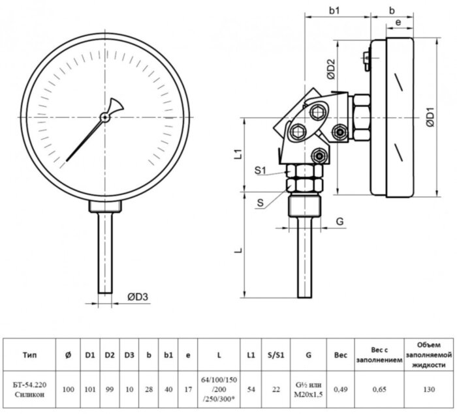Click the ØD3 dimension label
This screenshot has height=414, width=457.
(138, 297)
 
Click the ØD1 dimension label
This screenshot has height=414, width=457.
(430, 118)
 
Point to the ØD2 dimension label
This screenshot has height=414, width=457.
(331, 70)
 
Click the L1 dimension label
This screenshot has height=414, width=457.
(239, 155)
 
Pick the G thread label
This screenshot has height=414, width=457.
(339, 222)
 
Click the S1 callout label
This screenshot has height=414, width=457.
(260, 171)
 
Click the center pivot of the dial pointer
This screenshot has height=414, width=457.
(104, 117)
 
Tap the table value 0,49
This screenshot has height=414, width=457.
(340, 389)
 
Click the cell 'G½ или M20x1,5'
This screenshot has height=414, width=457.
(308, 389)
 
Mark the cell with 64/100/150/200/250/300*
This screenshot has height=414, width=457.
(219, 389)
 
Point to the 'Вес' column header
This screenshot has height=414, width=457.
(340, 355)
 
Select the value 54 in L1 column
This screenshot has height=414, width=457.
(251, 389)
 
